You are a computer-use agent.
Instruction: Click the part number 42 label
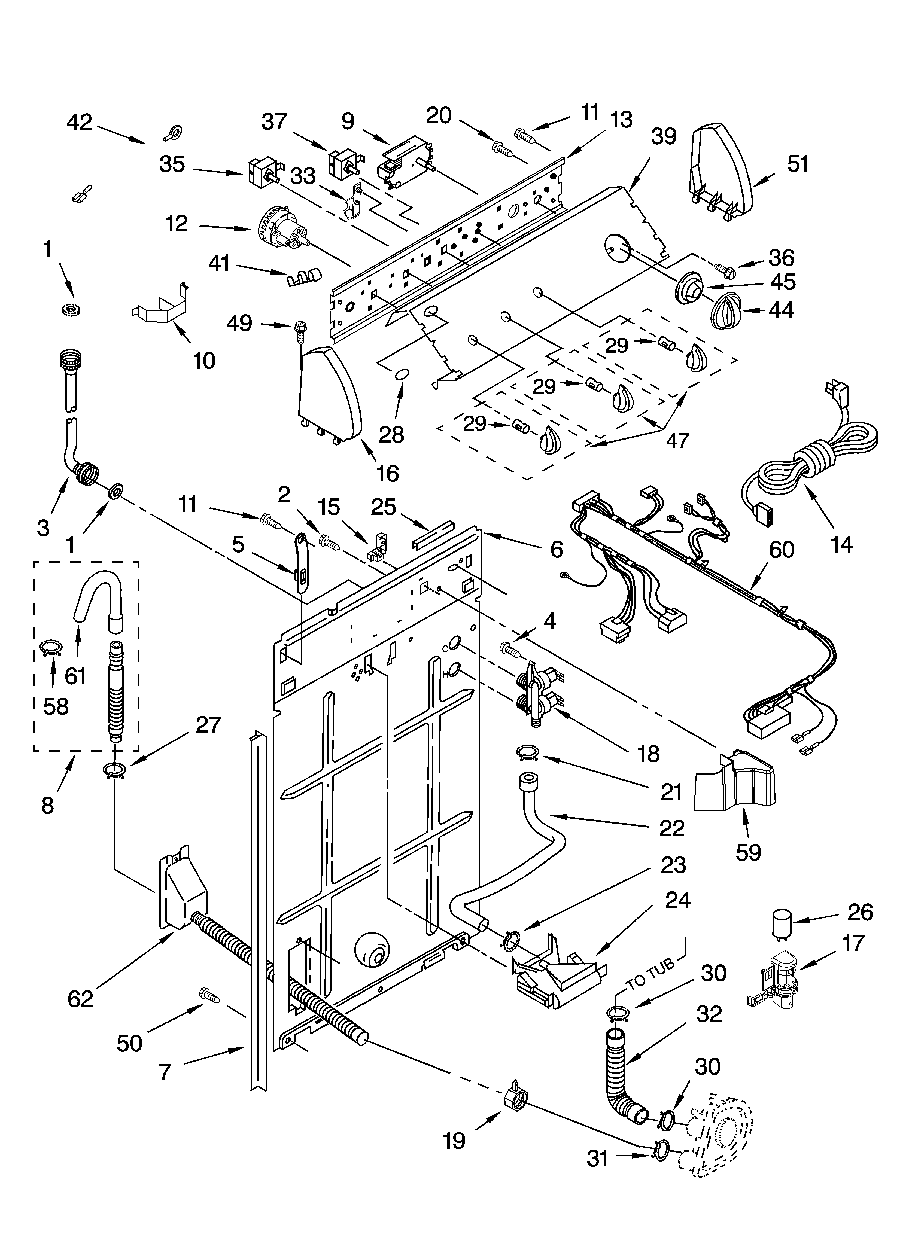[80, 122]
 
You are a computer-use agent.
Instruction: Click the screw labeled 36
[725, 270]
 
